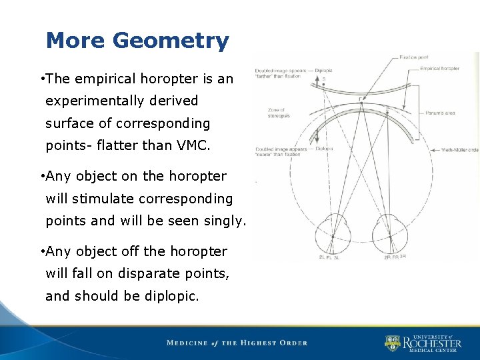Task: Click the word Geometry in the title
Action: coord(171,41)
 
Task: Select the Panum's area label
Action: coord(440,113)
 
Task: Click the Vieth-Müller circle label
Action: coord(460,150)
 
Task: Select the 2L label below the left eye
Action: coord(321,257)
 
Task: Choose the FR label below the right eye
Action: coord(396,257)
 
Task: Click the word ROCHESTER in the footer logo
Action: coord(431,344)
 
